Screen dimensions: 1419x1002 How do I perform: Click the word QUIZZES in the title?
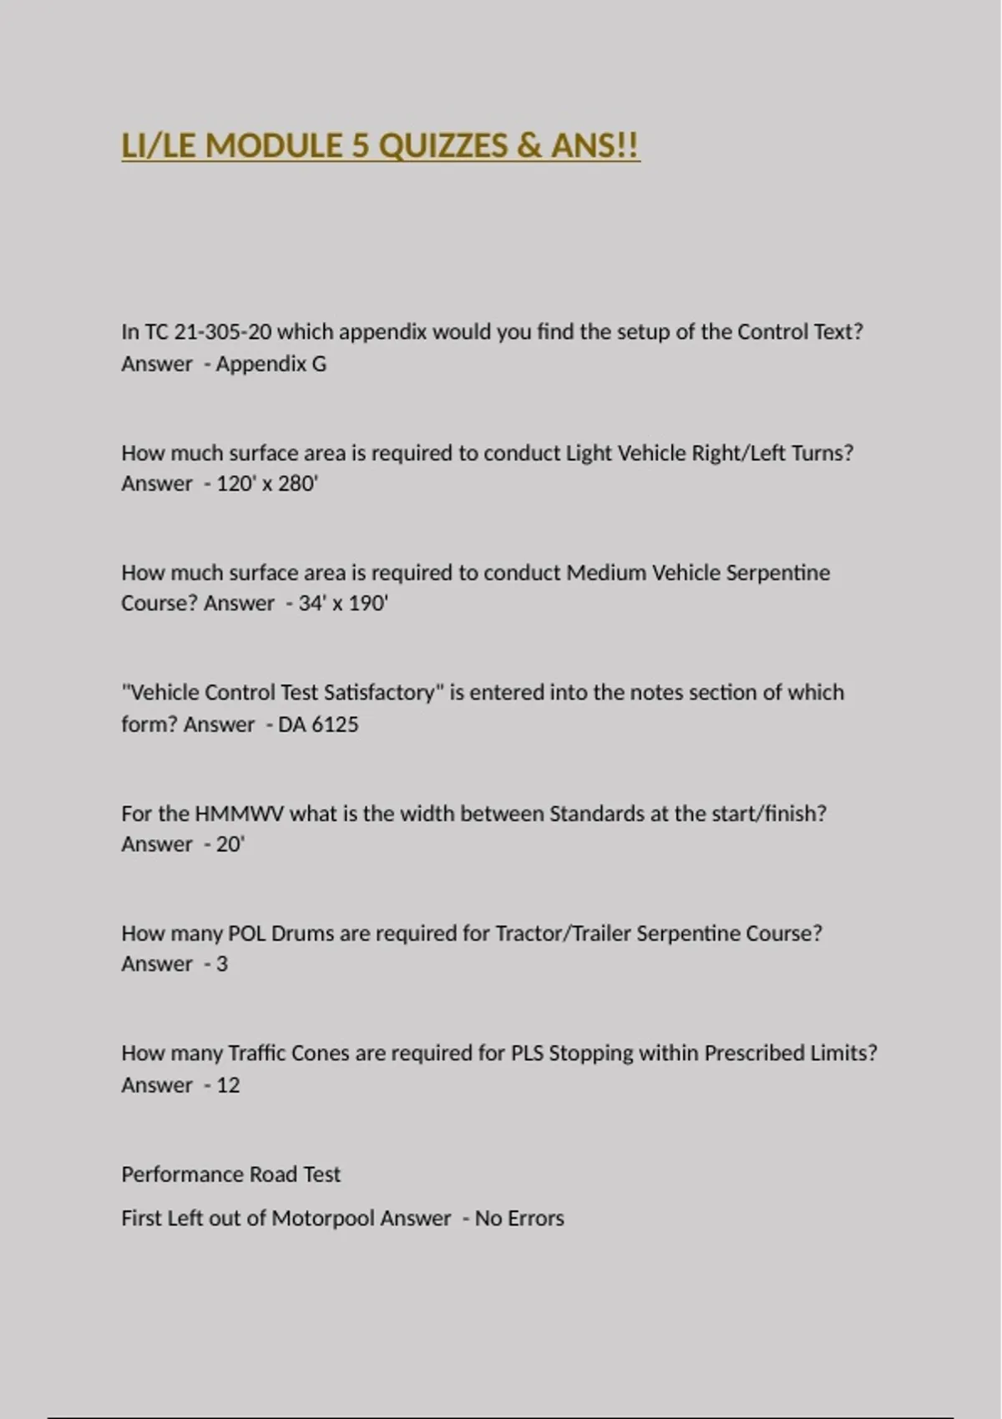(x=443, y=146)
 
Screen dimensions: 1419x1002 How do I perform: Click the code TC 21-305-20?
(x=208, y=332)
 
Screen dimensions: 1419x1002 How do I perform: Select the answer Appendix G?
(x=271, y=364)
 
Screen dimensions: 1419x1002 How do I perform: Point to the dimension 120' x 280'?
(x=267, y=484)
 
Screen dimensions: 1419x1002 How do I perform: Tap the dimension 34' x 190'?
(x=343, y=603)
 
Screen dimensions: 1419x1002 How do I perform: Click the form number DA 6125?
(x=318, y=725)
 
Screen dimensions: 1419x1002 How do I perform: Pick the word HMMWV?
(x=239, y=814)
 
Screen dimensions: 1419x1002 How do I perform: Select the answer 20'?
(x=230, y=845)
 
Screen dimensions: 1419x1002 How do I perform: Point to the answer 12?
(x=228, y=1085)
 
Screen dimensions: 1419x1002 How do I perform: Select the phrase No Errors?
(x=519, y=1219)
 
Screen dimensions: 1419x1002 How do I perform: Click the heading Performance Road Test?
(x=230, y=1174)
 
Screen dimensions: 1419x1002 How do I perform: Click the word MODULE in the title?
(x=274, y=146)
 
